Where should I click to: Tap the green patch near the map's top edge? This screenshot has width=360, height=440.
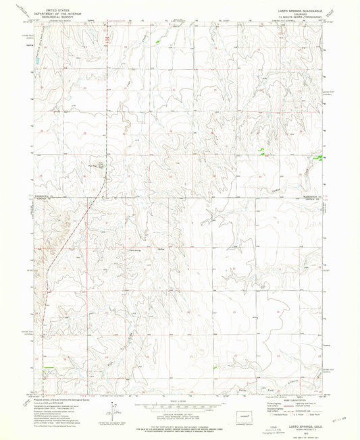pyautogui.click(x=158, y=43)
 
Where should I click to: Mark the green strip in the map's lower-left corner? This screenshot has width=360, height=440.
pyautogui.click(x=48, y=368)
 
